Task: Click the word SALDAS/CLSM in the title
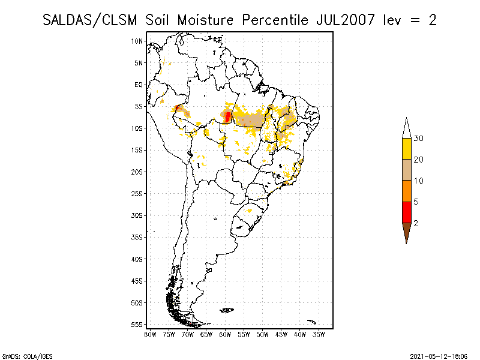click(91, 20)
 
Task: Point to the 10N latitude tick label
click(137, 41)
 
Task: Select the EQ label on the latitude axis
click(139, 85)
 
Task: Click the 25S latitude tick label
click(137, 193)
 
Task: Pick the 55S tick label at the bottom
click(137, 325)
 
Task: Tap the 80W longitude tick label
click(150, 334)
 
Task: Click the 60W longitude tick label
click(225, 334)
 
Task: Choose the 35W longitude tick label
click(319, 334)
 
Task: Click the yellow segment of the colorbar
click(406, 148)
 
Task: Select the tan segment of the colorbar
click(406, 170)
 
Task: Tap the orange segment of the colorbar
click(406, 191)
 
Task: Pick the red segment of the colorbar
click(406, 212)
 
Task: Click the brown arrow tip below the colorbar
click(406, 232)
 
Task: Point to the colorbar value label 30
click(419, 139)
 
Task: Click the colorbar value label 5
click(416, 202)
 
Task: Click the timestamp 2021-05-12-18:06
click(439, 355)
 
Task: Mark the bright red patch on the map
click(227, 115)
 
